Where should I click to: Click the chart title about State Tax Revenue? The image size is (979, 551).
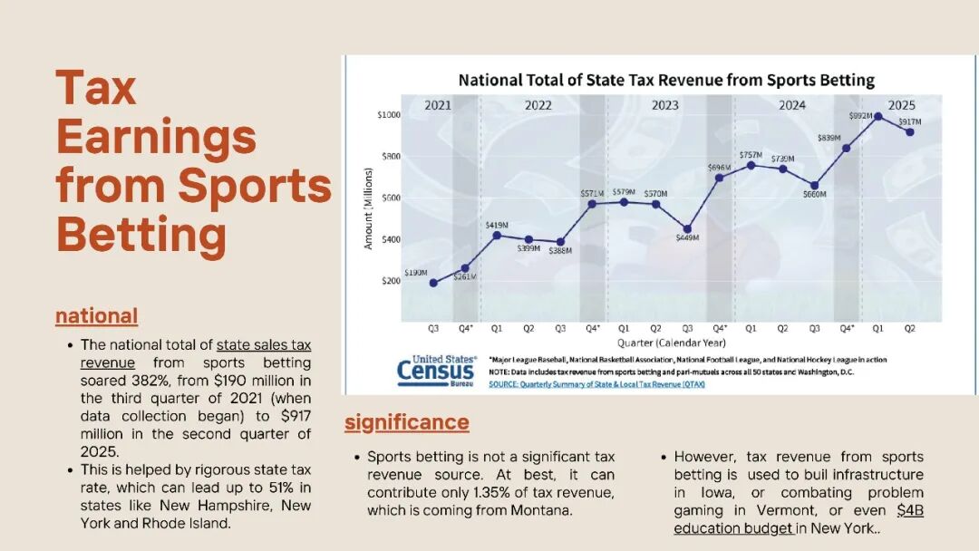click(666, 80)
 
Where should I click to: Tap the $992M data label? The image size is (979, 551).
click(860, 117)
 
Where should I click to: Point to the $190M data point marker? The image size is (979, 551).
click(433, 283)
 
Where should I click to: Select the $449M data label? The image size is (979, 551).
click(687, 238)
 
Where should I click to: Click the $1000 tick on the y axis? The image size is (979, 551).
click(388, 115)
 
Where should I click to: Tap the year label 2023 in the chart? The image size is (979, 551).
click(664, 105)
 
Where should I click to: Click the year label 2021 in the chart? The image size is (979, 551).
click(438, 105)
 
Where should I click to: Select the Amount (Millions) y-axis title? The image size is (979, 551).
click(369, 208)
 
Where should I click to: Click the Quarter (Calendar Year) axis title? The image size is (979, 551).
click(672, 343)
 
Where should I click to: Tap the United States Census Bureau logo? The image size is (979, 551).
click(436, 371)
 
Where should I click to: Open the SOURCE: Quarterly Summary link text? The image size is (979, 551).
click(596, 384)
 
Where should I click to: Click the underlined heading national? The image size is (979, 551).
click(96, 316)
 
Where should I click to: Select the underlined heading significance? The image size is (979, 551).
click(406, 422)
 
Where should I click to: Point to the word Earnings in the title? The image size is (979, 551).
click(156, 137)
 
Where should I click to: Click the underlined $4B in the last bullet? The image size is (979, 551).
click(910, 510)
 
